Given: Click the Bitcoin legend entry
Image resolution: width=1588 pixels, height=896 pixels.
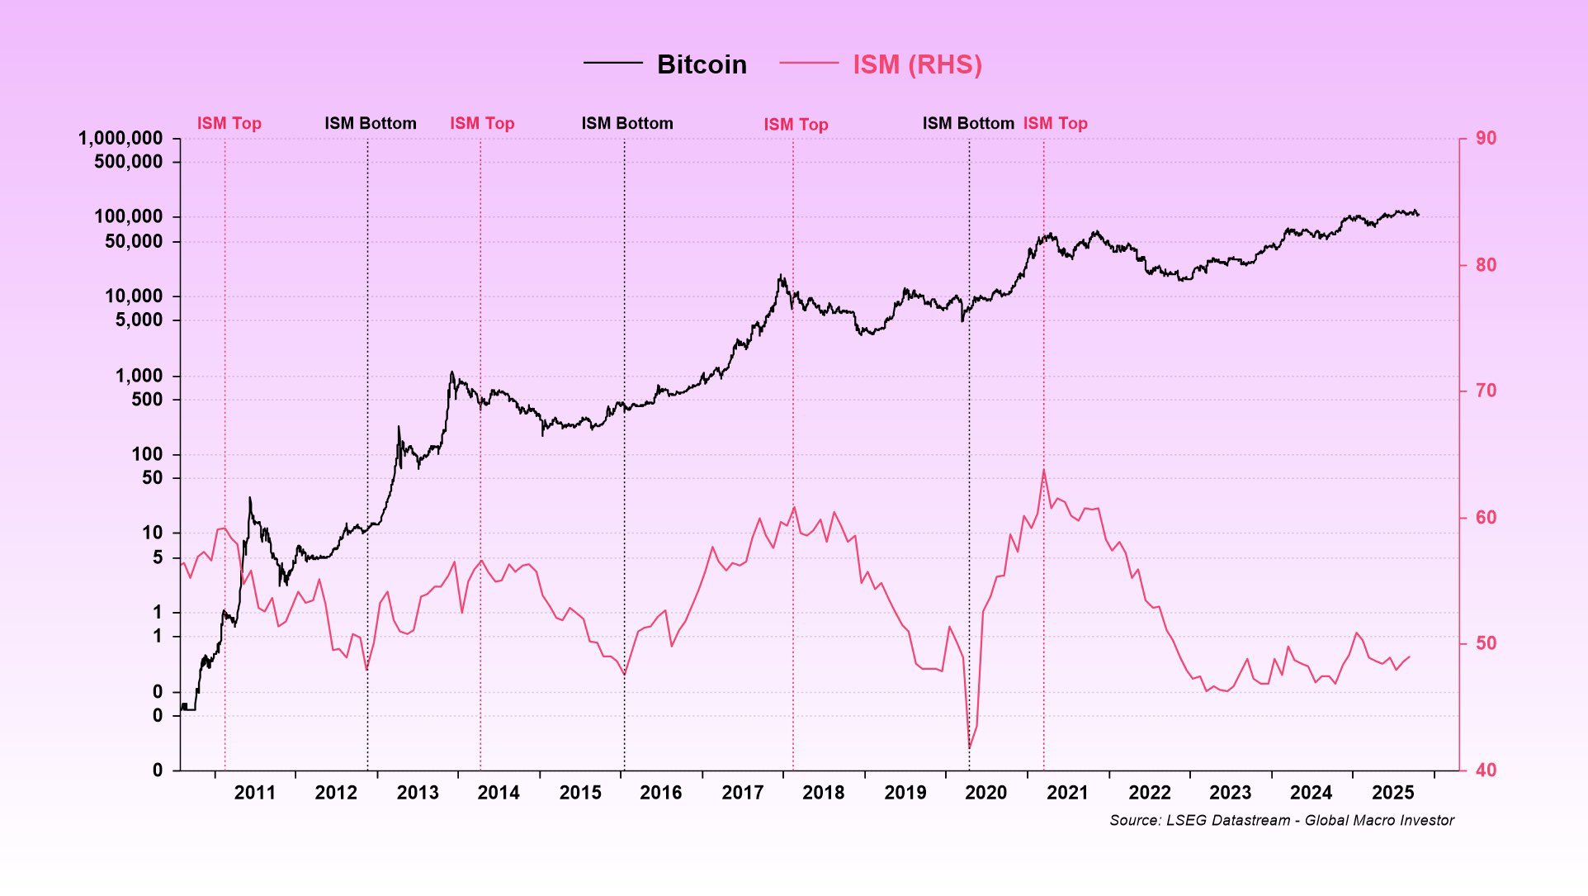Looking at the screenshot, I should click(x=701, y=64).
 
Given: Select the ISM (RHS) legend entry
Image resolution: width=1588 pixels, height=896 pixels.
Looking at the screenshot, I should click(x=916, y=64).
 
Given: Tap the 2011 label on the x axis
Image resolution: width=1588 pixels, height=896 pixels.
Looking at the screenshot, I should click(x=254, y=793).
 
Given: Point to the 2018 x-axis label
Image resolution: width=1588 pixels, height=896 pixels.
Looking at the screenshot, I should click(x=823, y=793).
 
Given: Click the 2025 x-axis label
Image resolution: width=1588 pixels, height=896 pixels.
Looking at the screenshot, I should click(x=1392, y=793).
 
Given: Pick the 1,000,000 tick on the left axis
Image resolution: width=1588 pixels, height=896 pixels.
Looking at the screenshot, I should click(x=121, y=138).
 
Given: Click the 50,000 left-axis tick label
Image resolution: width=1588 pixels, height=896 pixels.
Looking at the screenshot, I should click(x=134, y=241).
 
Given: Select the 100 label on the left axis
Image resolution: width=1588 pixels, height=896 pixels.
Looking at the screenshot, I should click(x=147, y=454).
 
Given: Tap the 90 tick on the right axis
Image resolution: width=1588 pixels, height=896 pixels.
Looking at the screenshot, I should click(x=1486, y=138).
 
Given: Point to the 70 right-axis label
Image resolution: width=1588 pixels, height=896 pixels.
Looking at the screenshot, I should click(x=1486, y=391).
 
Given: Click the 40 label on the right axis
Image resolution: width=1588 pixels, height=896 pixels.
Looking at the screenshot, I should click(x=1486, y=770).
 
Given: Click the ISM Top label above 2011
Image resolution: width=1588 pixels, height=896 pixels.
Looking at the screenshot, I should click(x=229, y=123).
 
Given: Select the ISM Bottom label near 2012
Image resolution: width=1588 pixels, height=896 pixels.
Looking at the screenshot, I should click(x=371, y=123).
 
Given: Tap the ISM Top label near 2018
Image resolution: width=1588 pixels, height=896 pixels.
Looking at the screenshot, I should click(x=796, y=124).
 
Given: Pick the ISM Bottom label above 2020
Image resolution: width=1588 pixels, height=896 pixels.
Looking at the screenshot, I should click(x=968, y=123).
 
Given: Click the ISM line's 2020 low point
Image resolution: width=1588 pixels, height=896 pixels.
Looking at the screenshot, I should click(x=969, y=748).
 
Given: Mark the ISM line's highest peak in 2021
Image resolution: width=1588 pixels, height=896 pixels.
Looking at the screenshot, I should click(x=1044, y=470).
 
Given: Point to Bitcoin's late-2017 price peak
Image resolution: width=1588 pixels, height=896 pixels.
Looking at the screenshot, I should click(x=781, y=276).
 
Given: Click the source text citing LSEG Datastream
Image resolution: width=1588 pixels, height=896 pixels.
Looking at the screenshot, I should click(x=1281, y=820).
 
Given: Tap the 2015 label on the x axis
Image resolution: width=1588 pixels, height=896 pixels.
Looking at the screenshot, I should click(x=580, y=793).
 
